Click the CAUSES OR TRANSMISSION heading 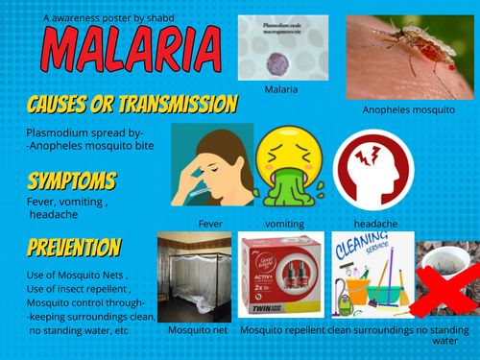[132, 105]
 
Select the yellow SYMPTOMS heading [72, 181]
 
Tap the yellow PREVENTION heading [75, 249]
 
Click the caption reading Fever [210, 224]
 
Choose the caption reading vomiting [284, 224]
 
